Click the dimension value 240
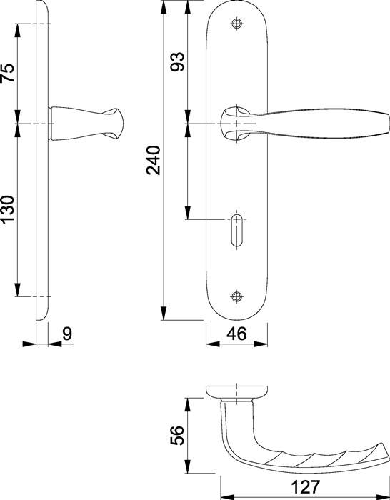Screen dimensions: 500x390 [152, 161]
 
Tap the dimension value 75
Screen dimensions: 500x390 [8, 73]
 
